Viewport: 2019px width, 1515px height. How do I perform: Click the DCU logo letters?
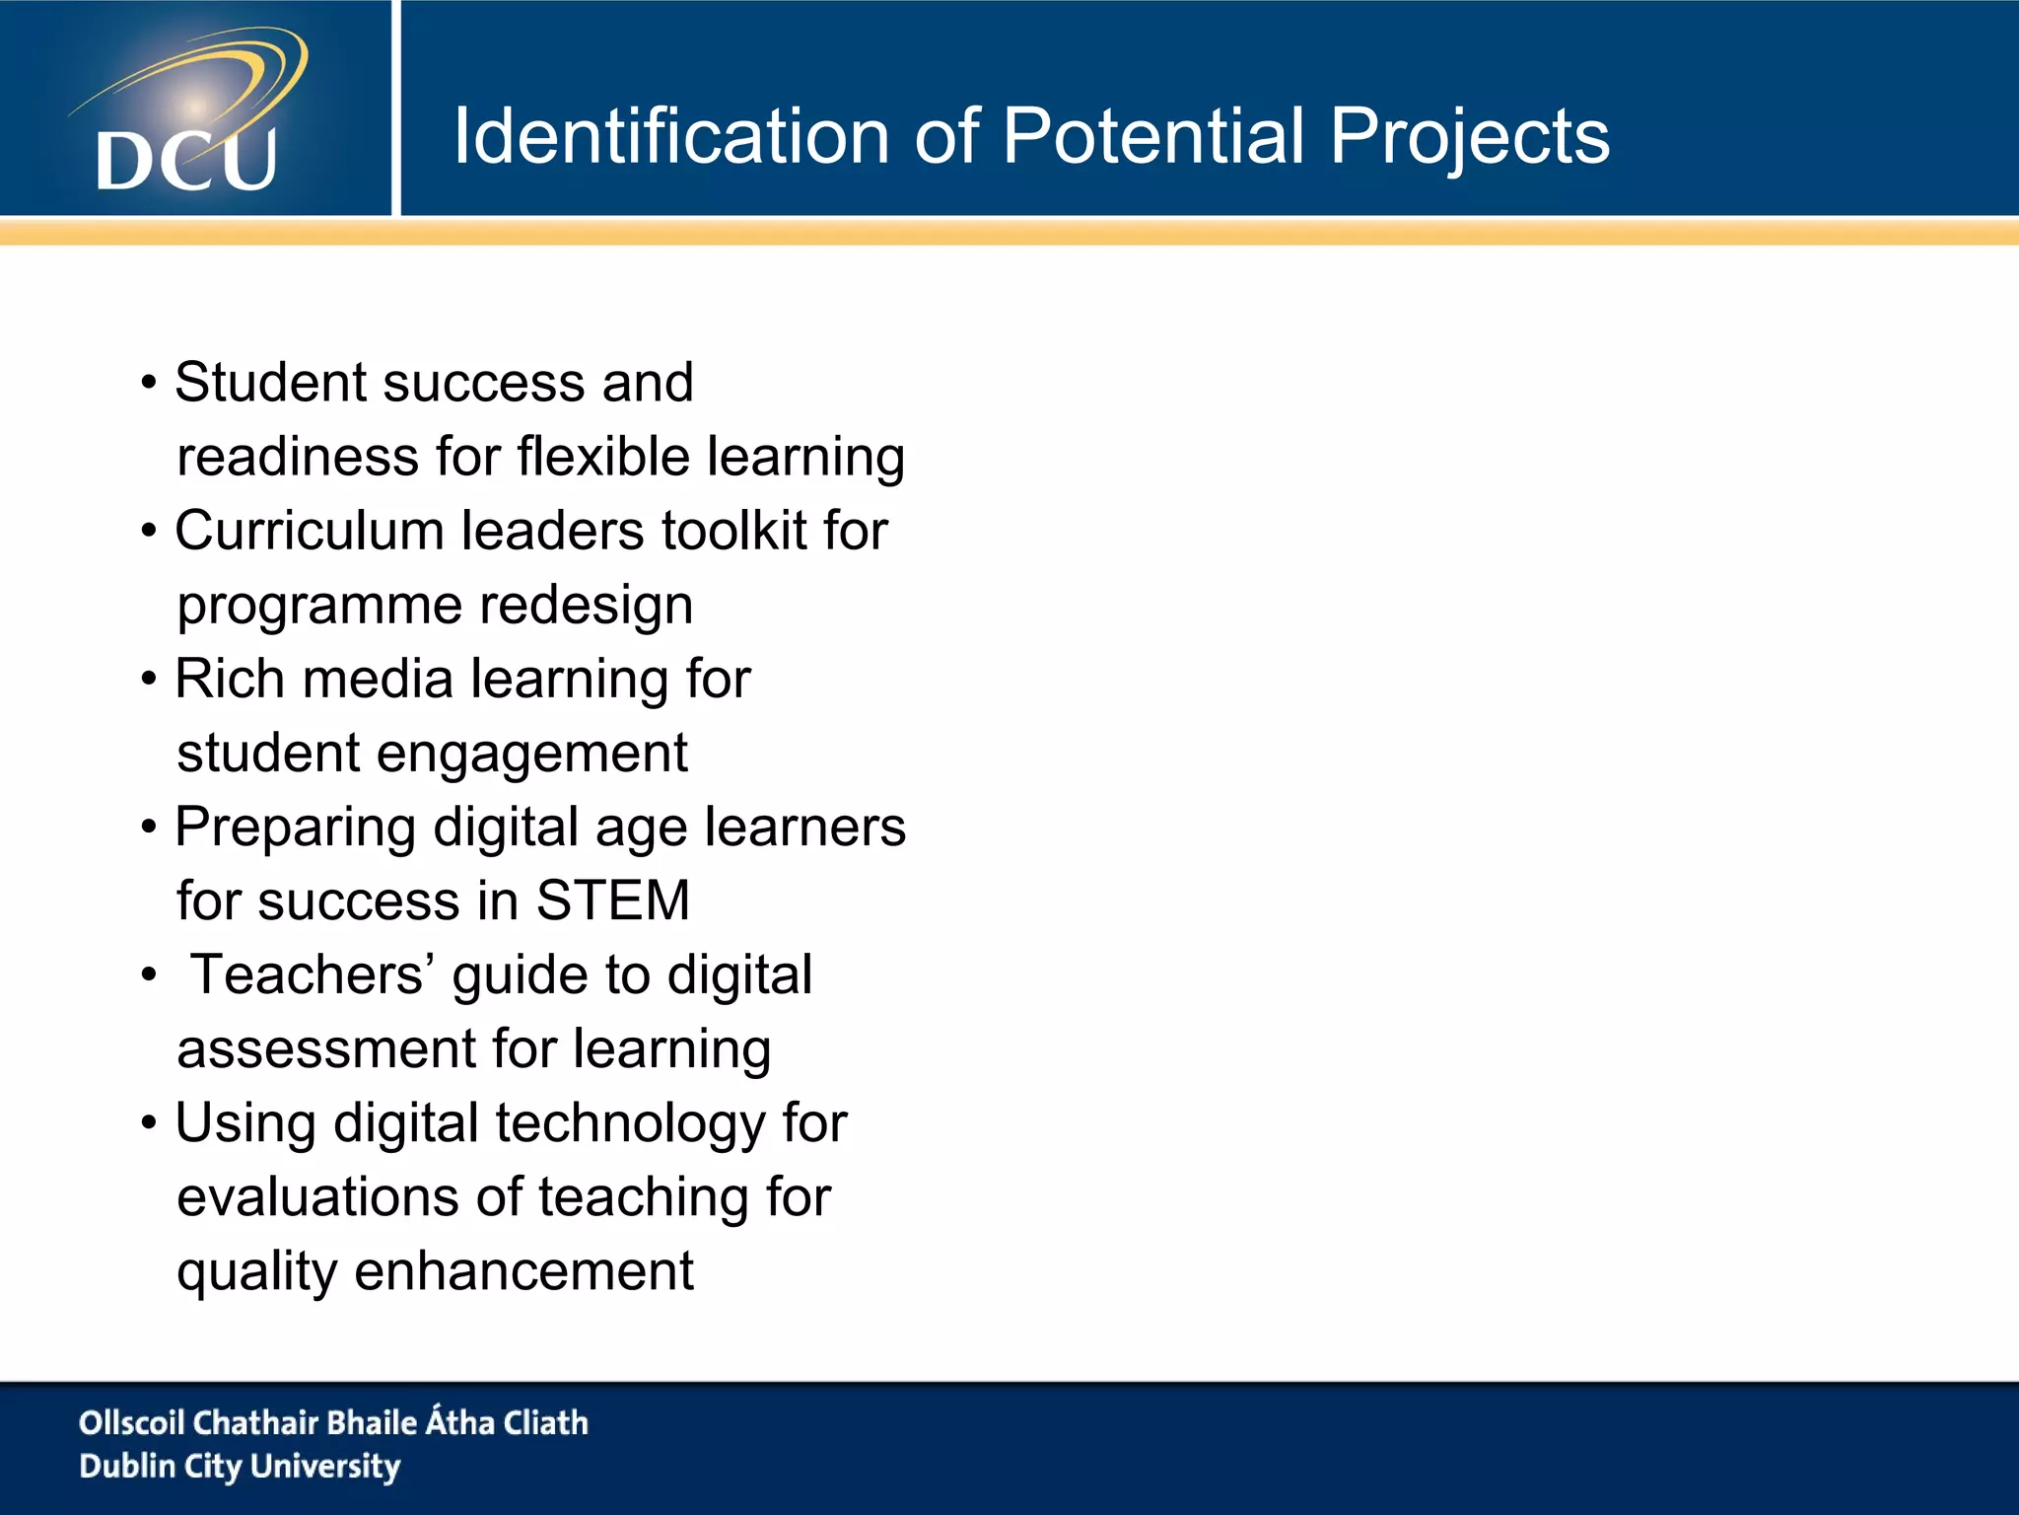click(186, 160)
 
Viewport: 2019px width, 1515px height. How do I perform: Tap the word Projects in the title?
click(1469, 136)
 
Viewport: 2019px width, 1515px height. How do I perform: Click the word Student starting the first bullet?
click(271, 383)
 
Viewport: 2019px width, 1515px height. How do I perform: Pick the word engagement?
click(531, 754)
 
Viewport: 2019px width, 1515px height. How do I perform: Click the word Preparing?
click(295, 827)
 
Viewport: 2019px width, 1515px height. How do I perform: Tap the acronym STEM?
click(612, 901)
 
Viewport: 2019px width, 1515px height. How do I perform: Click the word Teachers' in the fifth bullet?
click(312, 974)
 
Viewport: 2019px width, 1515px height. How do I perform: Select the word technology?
click(630, 1123)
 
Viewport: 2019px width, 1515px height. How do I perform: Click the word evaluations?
click(317, 1197)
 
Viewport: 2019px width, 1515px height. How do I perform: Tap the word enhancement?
click(523, 1271)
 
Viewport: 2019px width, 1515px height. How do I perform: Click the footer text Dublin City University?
click(240, 1467)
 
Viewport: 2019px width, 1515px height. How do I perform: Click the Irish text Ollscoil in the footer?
click(132, 1423)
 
